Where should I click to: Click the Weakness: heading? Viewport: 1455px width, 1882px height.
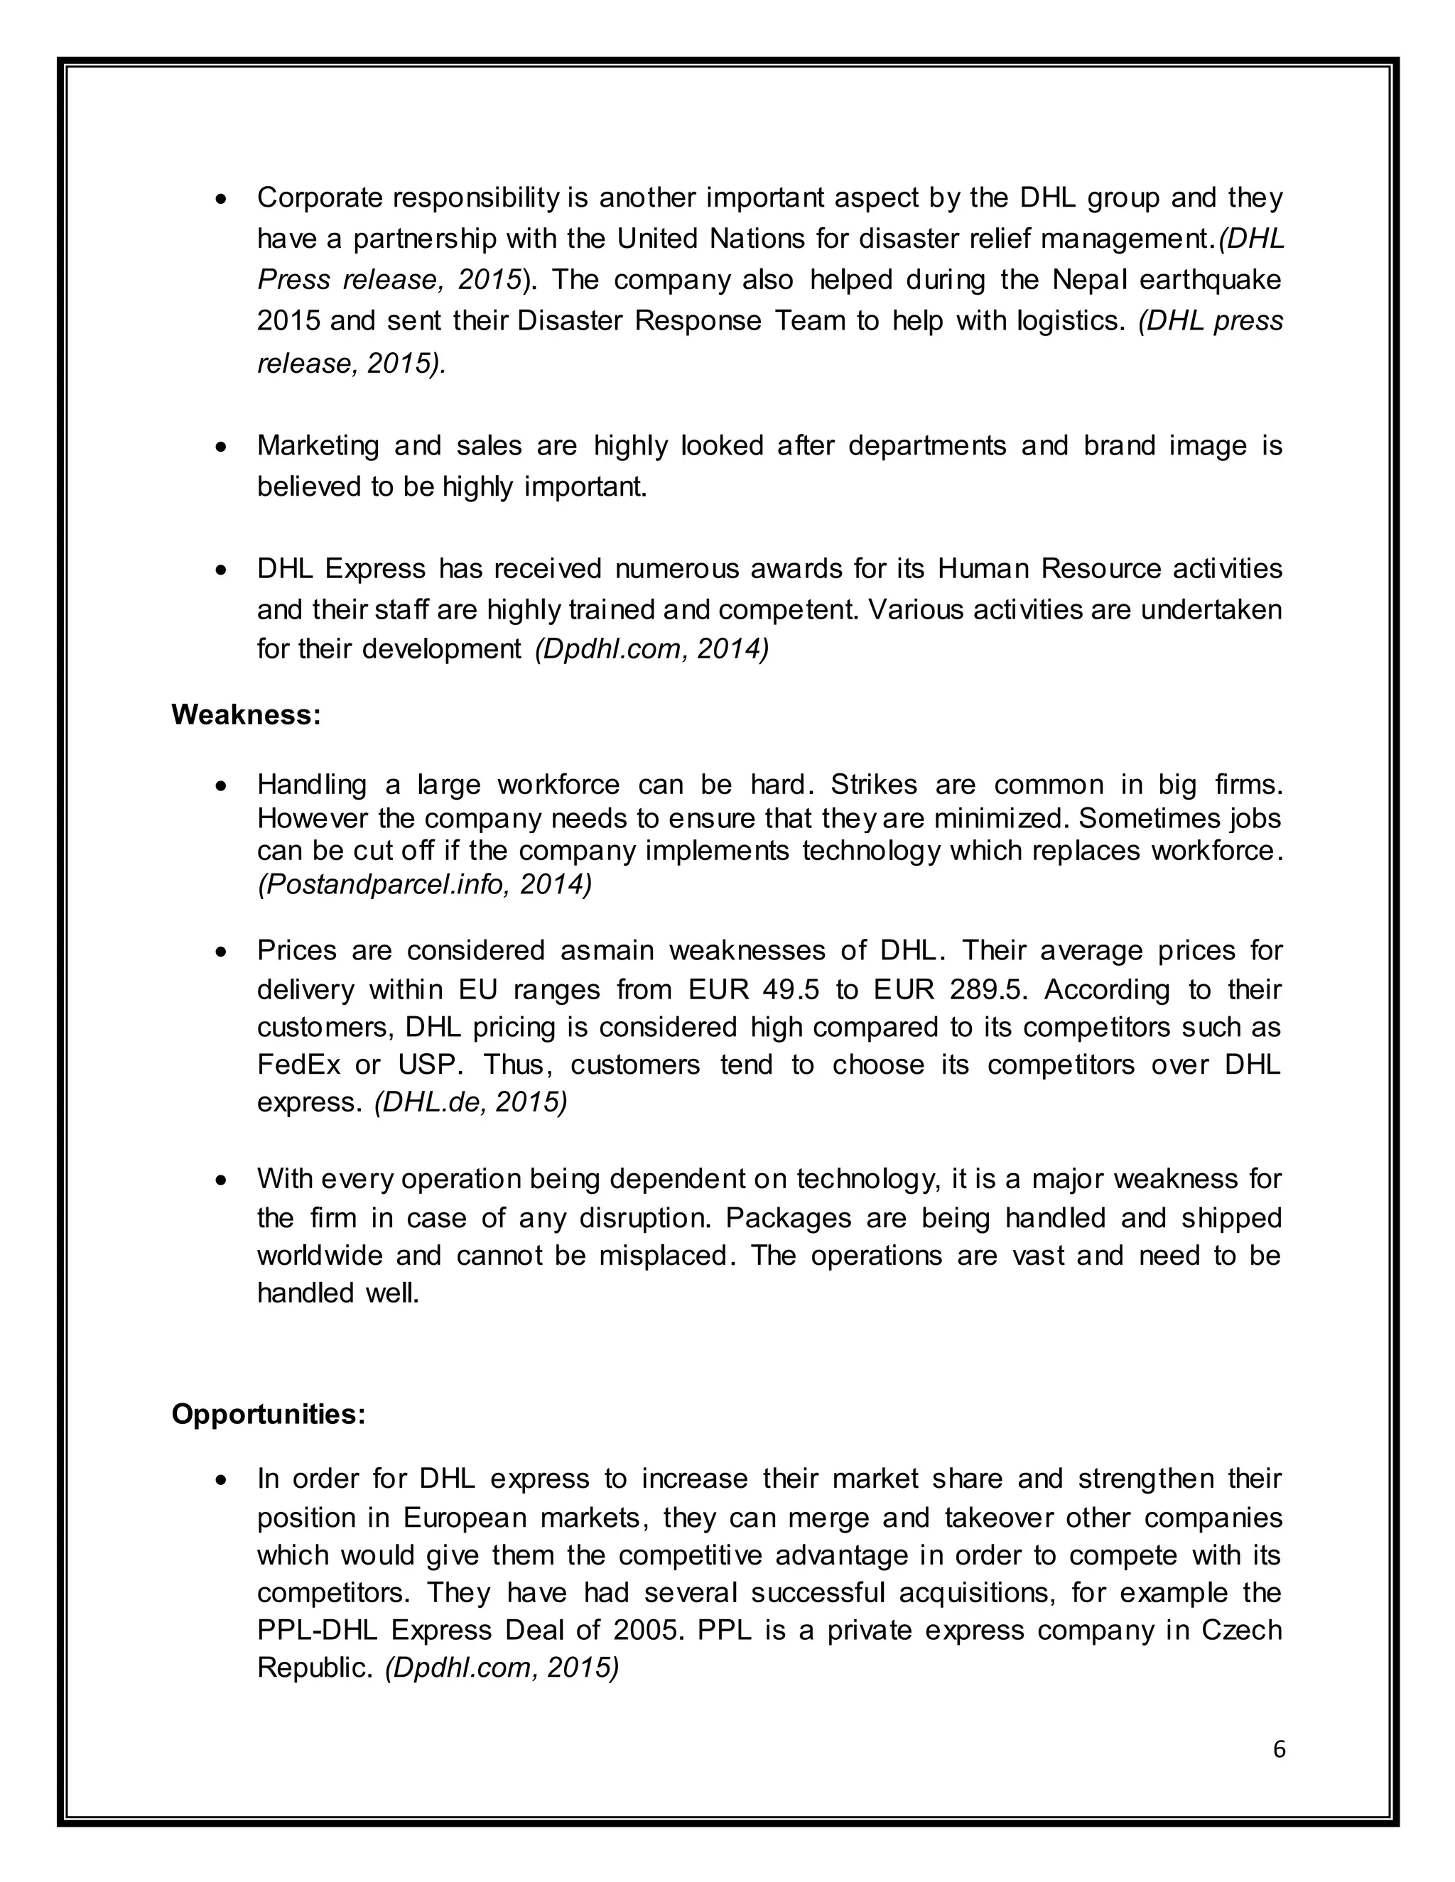tap(246, 715)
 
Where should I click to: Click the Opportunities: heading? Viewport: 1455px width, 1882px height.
tap(268, 1414)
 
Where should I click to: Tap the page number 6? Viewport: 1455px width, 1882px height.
tap(1279, 1749)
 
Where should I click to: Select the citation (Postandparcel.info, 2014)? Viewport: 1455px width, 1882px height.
tap(424, 885)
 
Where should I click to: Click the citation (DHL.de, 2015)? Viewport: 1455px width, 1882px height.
tap(470, 1103)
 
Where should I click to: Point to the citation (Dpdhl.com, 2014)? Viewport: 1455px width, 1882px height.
tap(651, 649)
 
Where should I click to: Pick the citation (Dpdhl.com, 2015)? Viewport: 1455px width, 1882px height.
tap(502, 1668)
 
